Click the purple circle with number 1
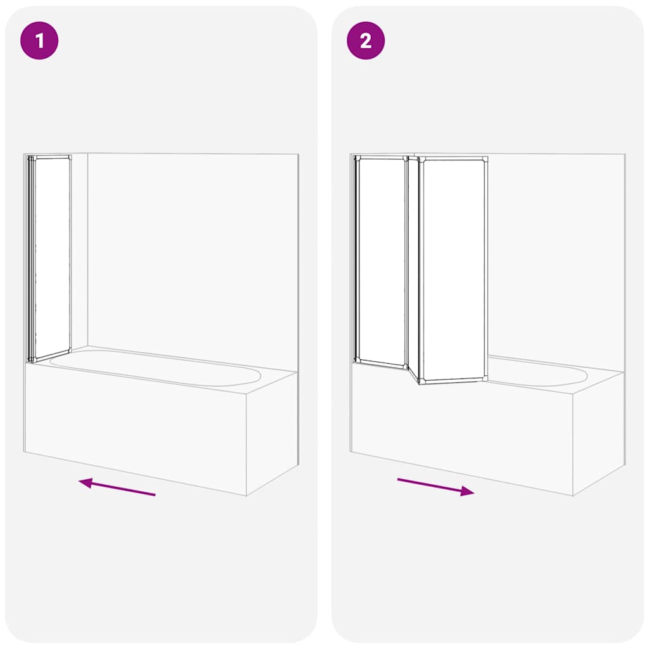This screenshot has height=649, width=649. (39, 41)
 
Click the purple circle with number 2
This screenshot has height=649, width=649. (366, 41)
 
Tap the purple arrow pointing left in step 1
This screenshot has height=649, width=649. (117, 488)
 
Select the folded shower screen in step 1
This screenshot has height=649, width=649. (51, 257)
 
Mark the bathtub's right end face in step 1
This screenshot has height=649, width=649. (273, 431)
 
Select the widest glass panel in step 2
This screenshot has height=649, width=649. (453, 269)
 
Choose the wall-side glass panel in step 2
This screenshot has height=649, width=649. (382, 260)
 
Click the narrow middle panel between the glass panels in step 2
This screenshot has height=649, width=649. (413, 266)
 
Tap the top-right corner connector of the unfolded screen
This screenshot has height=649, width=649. (485, 159)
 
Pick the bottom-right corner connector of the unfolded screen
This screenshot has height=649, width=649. (485, 379)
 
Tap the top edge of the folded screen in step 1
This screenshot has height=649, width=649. (51, 157)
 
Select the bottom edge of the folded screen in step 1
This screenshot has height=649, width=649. (51, 356)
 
